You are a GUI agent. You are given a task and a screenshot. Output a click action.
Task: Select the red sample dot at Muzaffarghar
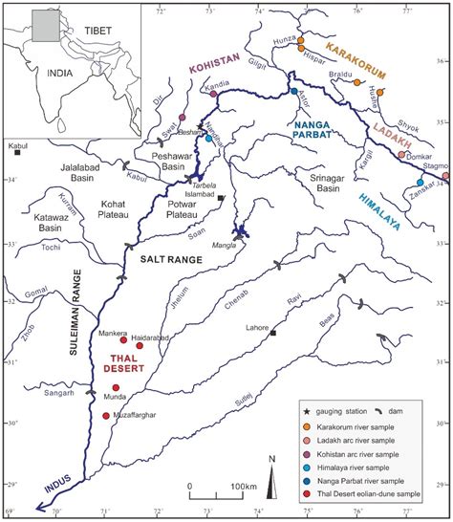tap(105, 416)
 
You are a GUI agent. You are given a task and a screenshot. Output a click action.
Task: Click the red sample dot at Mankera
tap(122, 339)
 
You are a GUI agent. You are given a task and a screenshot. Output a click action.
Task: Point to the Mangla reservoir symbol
tap(239, 231)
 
